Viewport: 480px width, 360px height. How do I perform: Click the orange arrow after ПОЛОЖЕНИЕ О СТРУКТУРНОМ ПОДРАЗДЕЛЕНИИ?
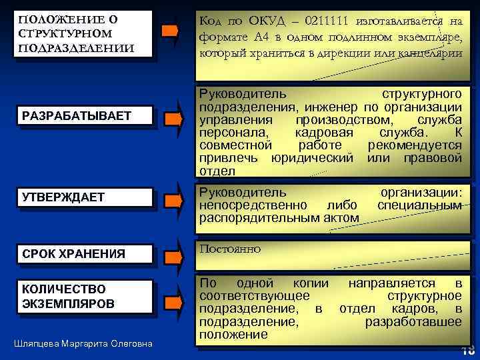click(171, 31)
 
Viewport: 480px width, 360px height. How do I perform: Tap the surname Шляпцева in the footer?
click(37, 343)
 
